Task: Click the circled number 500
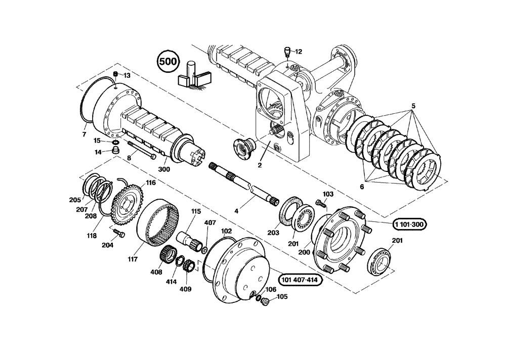168,62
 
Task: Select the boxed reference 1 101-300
408,224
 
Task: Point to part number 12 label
298,52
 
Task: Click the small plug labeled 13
115,75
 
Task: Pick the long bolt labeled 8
141,151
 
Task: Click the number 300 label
163,169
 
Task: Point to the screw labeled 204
119,233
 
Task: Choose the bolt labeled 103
319,203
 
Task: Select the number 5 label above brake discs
413,106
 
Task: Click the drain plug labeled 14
116,151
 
